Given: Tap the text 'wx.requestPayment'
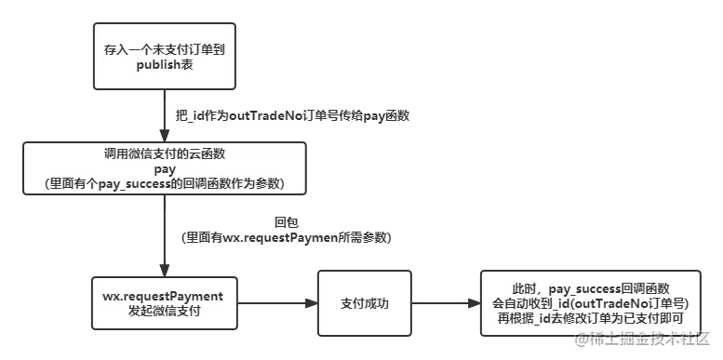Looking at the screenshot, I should pyautogui.click(x=162, y=296).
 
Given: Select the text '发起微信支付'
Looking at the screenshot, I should pyautogui.click(x=162, y=311).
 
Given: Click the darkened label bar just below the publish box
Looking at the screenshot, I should pyautogui.click(x=288, y=117).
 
